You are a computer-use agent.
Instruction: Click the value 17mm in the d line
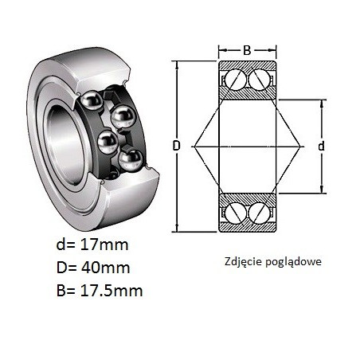click(x=104, y=245)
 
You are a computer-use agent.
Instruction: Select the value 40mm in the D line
click(x=104, y=268)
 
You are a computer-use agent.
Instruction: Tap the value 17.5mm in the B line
click(x=111, y=291)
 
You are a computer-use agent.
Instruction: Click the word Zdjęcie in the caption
click(x=243, y=262)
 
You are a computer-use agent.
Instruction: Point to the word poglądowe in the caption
click(x=293, y=262)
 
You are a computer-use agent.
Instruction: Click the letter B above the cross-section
click(x=247, y=50)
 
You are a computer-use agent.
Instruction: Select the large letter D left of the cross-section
click(x=177, y=146)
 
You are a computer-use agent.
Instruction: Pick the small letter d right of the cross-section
click(x=322, y=146)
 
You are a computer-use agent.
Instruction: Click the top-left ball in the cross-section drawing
click(x=235, y=80)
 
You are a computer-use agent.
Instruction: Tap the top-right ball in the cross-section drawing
click(x=259, y=80)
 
